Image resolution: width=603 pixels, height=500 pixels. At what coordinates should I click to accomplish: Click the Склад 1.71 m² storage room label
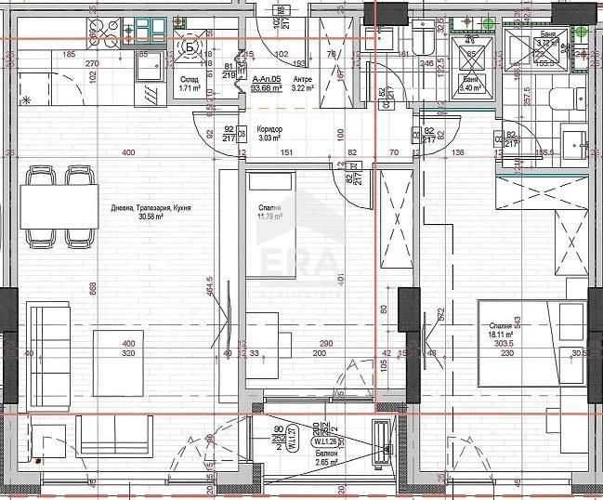pyautogui.click(x=191, y=86)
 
